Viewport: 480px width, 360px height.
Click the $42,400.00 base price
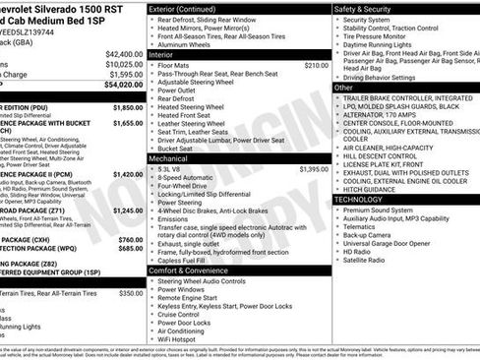[x=124, y=53]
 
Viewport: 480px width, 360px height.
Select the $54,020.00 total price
[x=124, y=85]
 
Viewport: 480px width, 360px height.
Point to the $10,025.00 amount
[x=124, y=63]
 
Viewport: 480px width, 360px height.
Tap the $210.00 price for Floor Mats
[x=316, y=64]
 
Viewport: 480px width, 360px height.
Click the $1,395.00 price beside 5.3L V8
[x=314, y=169]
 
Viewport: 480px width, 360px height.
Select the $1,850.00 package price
[x=128, y=106]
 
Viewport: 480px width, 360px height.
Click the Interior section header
[x=161, y=54]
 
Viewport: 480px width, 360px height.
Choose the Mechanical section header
[x=168, y=157]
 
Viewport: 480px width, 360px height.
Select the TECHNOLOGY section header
[x=365, y=199]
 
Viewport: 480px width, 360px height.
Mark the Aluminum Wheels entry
[x=187, y=45]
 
